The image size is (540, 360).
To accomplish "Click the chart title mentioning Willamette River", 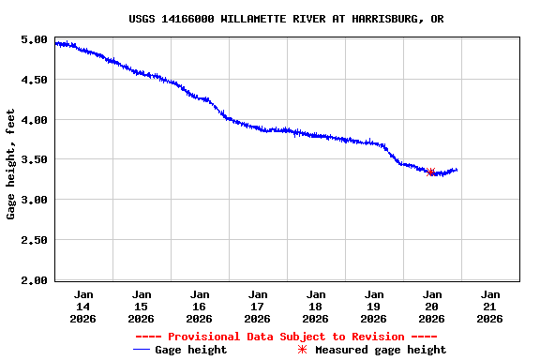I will tap(286, 19).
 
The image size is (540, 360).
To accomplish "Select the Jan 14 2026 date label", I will tap(83, 307).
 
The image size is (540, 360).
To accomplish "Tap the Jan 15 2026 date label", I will tap(142, 307).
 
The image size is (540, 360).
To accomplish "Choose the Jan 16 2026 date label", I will tap(200, 307).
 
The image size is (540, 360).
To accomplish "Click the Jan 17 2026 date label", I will tap(258, 307).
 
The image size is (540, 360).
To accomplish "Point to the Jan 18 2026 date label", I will tap(316, 307).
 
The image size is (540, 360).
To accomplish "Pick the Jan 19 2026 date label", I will tap(374, 307).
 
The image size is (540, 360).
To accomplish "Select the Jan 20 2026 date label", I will tap(432, 307).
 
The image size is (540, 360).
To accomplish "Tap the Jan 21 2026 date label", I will tap(489, 307).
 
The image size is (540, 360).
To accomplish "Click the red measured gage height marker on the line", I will tap(431, 172).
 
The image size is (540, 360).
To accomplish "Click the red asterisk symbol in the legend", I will tap(302, 350).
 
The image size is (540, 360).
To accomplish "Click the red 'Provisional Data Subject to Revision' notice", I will tap(286, 337).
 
